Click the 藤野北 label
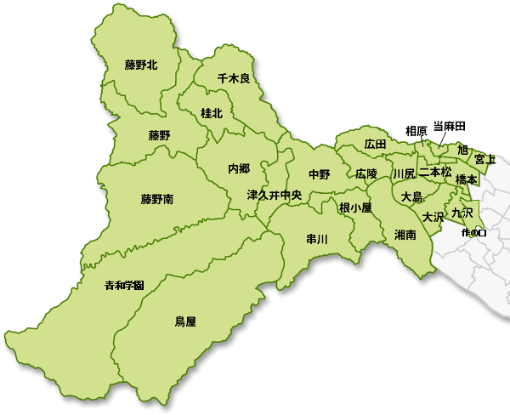click(141, 65)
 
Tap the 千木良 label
click(233, 78)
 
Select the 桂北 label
click(212, 112)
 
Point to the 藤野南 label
click(157, 200)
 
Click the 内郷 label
click(239, 168)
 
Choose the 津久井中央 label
click(274, 195)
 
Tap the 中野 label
click(320, 174)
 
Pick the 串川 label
click(317, 239)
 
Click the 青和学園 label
click(124, 284)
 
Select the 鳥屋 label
click(185, 321)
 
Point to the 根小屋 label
click(355, 207)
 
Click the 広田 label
click(375, 145)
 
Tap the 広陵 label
click(366, 173)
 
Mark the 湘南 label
click(405, 235)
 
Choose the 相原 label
click(416, 131)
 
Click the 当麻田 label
click(450, 126)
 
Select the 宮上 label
click(485, 158)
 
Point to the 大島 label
click(411, 196)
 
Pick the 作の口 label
click(472, 231)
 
